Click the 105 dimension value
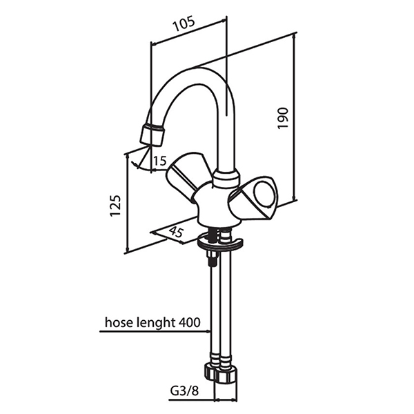184,24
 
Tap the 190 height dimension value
282,118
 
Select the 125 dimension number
115,206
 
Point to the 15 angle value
160,161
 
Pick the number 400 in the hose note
189,322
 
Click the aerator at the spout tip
152,135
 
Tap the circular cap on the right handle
264,193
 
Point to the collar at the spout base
226,179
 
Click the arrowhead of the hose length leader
208,331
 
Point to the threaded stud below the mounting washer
212,259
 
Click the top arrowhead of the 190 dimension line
295,36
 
